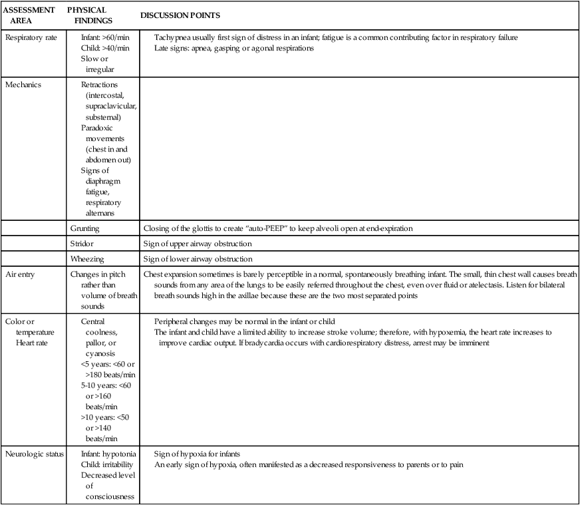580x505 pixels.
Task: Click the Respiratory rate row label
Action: (x=28, y=37)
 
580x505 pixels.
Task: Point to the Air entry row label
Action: (x=23, y=274)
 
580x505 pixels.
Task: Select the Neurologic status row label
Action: (x=34, y=454)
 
